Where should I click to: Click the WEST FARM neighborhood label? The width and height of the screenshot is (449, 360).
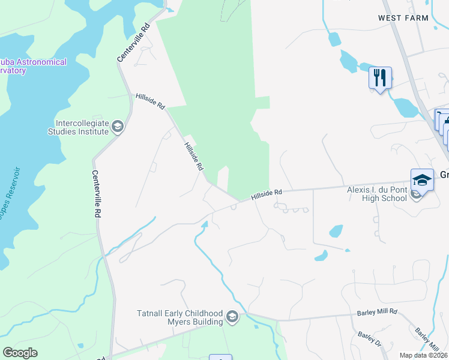click(x=403, y=18)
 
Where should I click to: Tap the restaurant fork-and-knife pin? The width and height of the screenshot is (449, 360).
click(x=380, y=78)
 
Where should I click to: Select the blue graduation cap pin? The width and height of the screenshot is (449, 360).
click(x=422, y=181)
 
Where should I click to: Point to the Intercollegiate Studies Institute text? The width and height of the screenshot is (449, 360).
click(x=82, y=127)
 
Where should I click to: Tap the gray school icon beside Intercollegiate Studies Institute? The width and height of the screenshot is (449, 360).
click(x=118, y=127)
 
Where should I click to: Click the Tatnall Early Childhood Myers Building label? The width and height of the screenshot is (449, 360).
click(x=179, y=317)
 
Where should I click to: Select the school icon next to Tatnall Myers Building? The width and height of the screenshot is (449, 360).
click(x=233, y=317)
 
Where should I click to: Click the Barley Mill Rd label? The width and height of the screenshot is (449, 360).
click(x=377, y=311)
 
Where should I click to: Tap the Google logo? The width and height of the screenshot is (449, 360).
click(x=20, y=353)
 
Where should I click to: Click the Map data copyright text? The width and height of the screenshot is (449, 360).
click(x=423, y=355)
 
